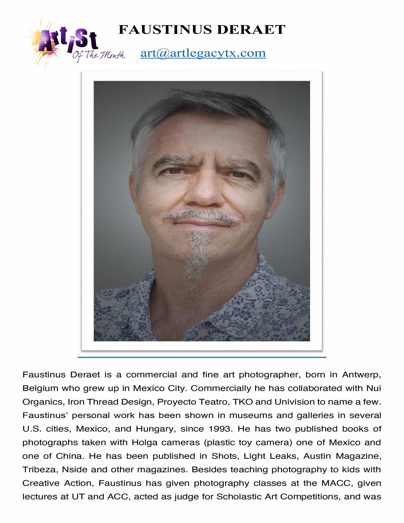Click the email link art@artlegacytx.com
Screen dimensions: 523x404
[203, 53]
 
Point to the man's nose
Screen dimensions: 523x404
[201, 193]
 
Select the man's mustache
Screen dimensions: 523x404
[202, 216]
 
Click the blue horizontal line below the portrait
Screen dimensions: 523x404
[202, 357]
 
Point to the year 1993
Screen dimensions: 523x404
[219, 429]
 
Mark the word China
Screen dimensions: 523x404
[69, 456]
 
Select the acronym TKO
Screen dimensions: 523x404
[243, 402]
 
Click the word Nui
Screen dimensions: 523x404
[374, 388]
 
